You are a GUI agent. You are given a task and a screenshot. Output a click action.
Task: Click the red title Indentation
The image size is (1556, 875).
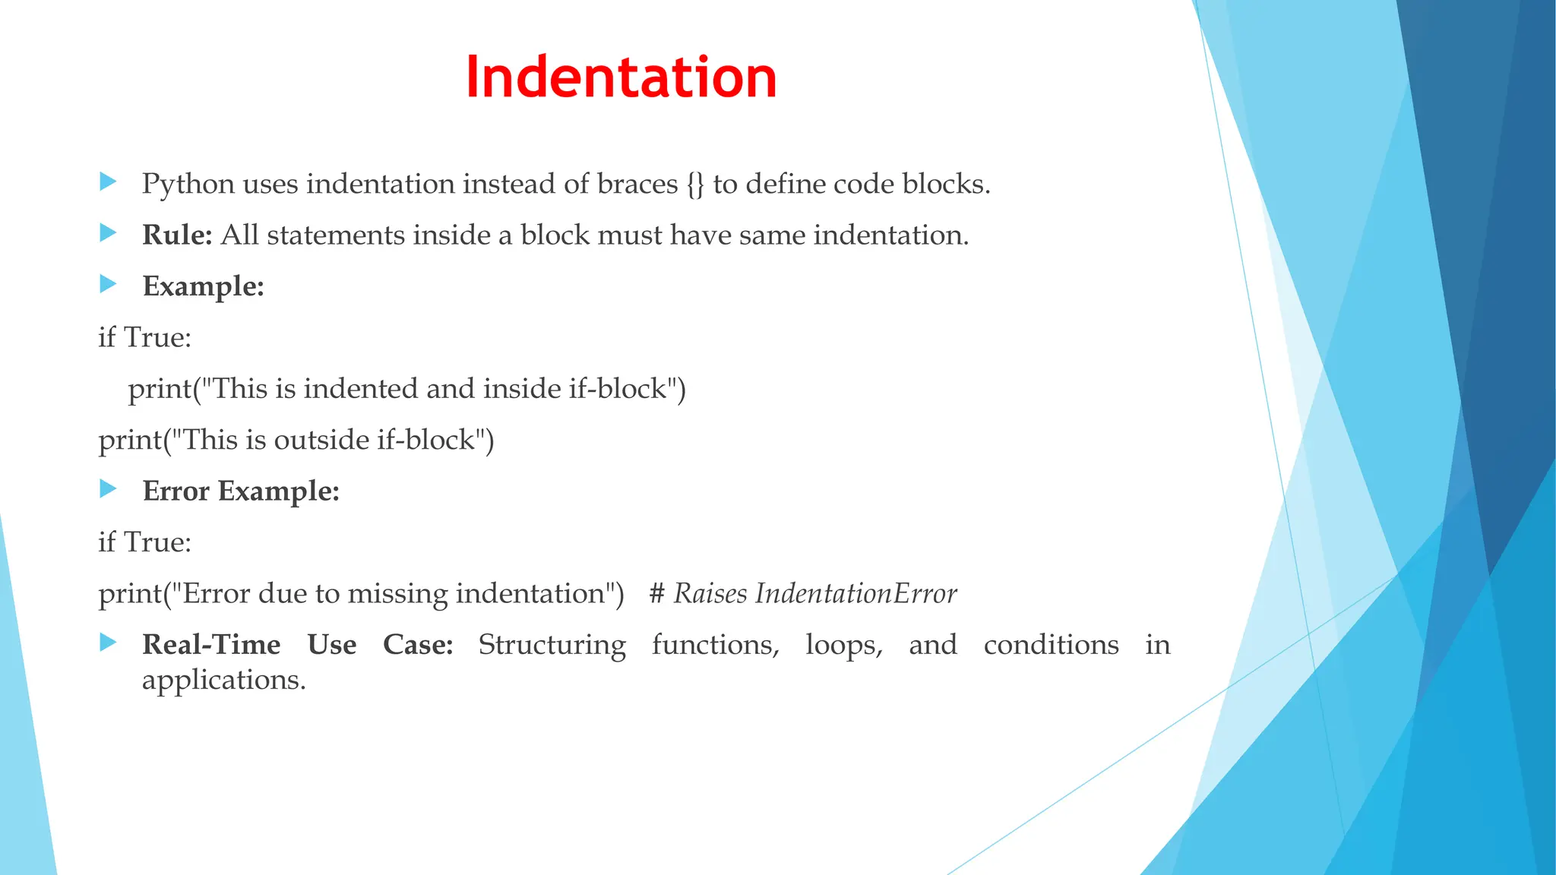621,77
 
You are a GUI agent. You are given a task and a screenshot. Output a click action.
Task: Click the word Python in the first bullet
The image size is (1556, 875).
188,185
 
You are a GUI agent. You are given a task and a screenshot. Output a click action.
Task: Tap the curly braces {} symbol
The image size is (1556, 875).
695,185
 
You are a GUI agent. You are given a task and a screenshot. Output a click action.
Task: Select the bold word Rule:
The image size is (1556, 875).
177,235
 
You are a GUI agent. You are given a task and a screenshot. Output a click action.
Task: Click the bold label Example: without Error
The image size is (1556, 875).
203,286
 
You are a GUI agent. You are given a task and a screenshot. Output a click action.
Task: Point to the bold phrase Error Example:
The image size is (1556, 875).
240,491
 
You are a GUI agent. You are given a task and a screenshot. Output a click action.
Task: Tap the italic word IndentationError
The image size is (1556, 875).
855,594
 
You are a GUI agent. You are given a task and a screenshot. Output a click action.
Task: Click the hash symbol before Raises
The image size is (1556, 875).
657,594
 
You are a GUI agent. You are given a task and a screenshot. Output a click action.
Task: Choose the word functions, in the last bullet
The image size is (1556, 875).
715,645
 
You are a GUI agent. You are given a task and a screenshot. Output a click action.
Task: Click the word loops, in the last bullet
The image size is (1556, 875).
844,645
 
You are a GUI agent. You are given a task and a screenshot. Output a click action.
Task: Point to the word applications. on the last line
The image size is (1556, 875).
223,680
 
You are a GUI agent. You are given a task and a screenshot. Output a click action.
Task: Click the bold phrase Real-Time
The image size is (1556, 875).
211,645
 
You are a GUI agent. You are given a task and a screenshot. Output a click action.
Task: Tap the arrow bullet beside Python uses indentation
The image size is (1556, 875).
108,182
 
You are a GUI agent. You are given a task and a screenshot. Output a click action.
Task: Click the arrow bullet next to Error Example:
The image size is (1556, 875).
108,489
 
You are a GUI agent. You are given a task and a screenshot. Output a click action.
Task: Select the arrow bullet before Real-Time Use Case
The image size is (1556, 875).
108,643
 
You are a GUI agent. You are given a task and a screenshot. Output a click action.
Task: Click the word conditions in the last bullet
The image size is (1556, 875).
1051,645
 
